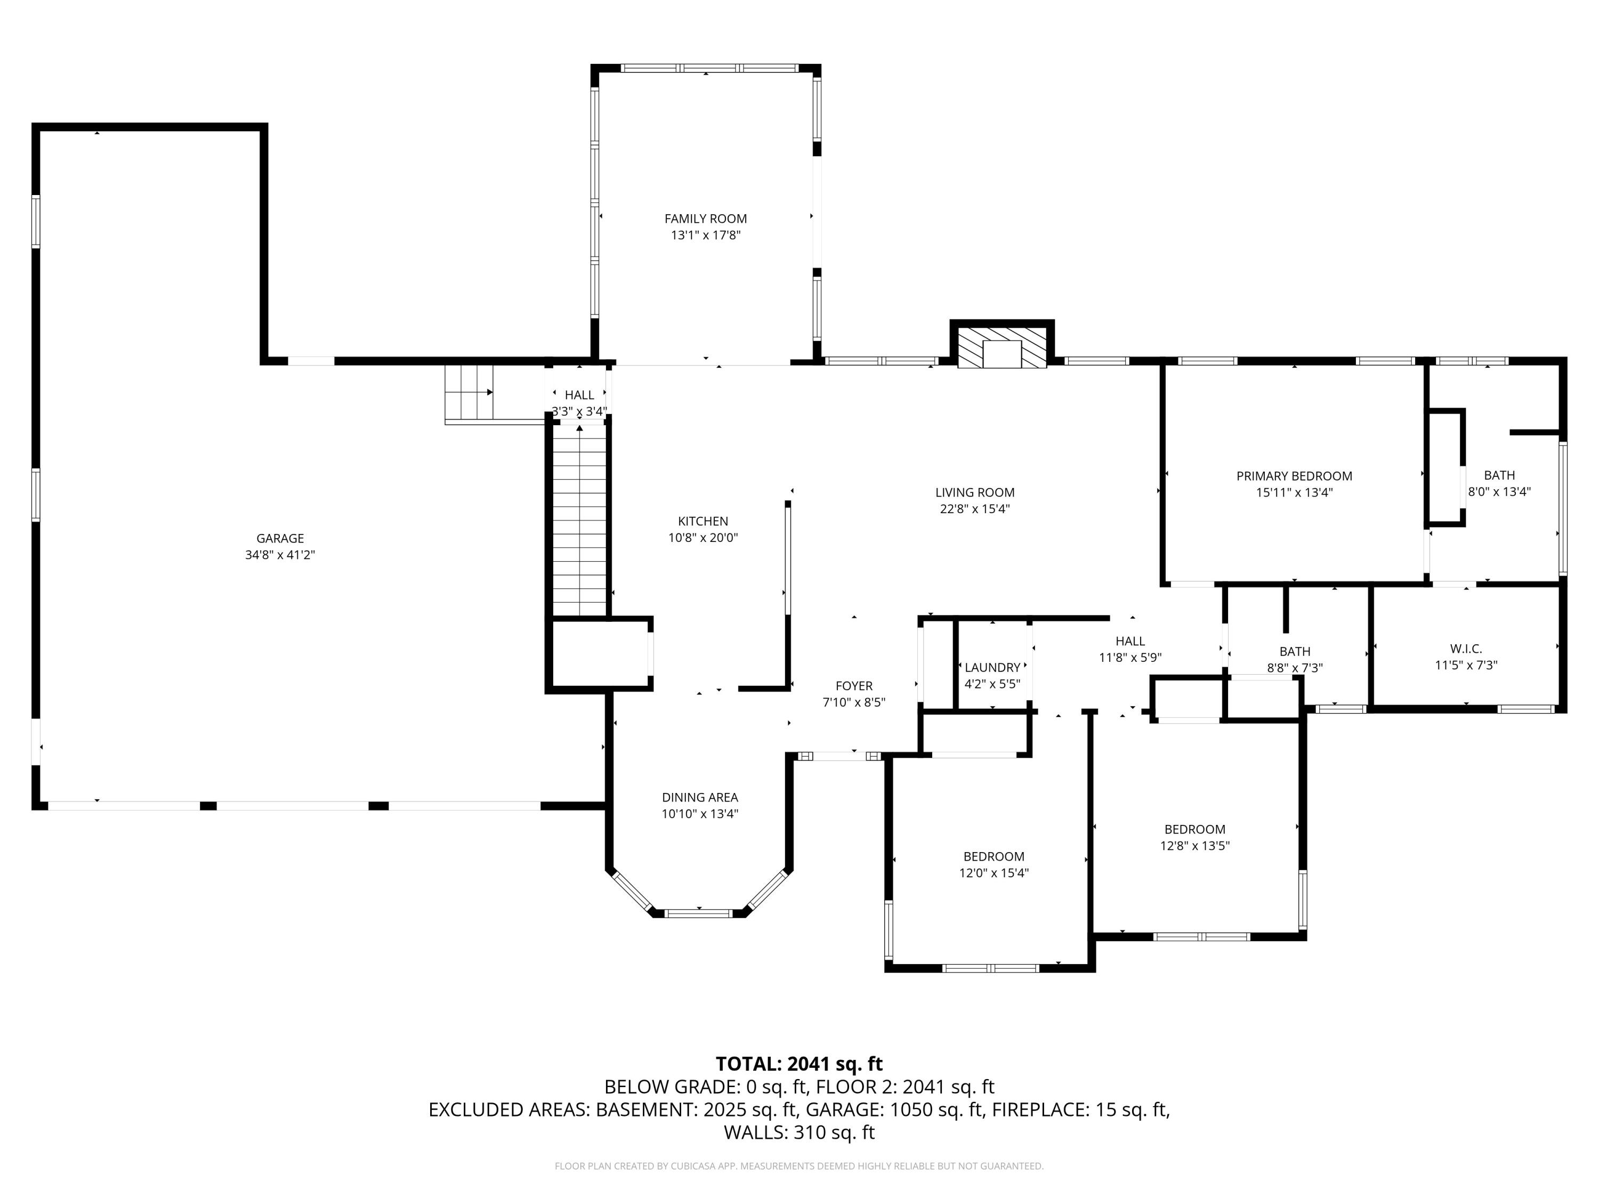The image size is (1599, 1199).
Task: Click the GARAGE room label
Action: point(280,538)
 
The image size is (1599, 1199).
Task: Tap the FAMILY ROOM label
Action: point(706,219)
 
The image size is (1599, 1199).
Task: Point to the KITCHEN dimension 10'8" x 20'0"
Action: point(702,538)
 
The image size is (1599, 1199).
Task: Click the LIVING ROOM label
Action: point(974,492)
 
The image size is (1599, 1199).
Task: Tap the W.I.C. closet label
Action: point(1465,649)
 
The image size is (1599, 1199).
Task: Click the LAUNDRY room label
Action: point(992,668)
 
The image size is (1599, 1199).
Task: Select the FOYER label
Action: point(854,686)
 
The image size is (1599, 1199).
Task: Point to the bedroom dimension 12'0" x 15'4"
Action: point(993,873)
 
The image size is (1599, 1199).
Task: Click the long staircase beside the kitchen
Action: point(579,520)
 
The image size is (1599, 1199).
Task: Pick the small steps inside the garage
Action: point(469,392)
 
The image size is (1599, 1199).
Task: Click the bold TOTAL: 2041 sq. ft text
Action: point(799,1064)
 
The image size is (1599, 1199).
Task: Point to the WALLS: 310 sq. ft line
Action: point(799,1132)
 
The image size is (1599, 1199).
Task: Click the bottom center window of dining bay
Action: point(698,913)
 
